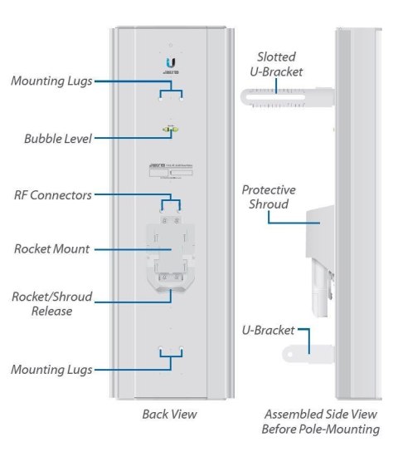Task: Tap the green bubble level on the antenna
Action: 171,129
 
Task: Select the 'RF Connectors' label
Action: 51,194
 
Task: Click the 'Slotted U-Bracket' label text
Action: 277,64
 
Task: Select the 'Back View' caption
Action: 170,413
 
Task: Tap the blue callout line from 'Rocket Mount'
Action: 124,248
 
